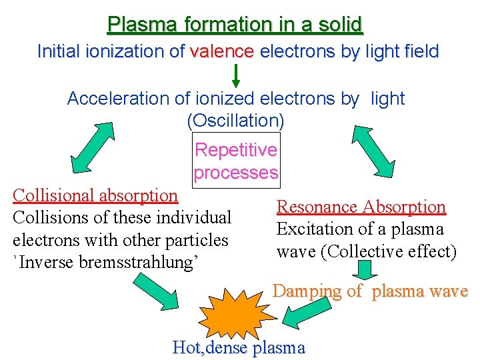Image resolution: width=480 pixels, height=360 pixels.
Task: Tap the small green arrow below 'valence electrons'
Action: [x=235, y=75]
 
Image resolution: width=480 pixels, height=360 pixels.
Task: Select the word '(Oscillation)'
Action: [x=235, y=121]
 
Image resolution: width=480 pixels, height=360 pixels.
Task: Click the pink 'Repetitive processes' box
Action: [x=235, y=161]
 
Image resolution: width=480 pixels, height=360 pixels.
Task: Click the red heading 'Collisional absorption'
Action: [x=95, y=195]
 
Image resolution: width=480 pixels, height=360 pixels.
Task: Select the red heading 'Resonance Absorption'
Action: [x=361, y=207]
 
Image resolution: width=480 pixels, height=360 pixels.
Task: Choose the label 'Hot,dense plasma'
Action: [x=238, y=347]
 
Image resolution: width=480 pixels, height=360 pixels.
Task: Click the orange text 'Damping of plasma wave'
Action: [x=371, y=291]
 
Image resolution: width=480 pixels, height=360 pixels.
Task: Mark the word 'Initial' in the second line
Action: [x=59, y=51]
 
